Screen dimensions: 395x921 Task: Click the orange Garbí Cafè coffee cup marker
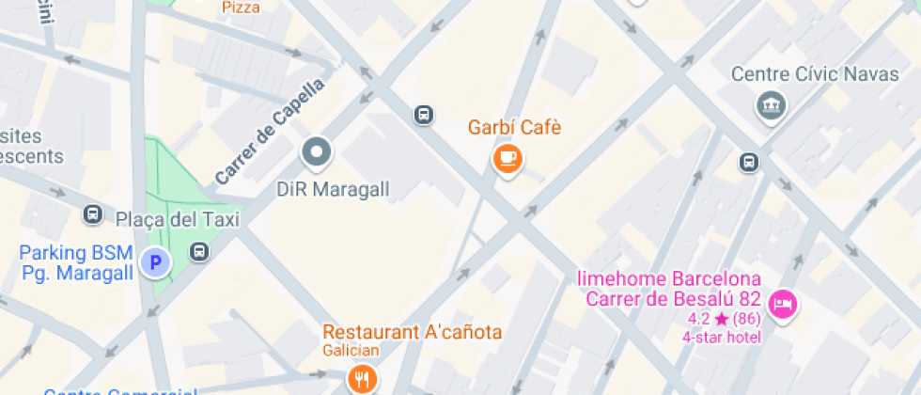[508, 158]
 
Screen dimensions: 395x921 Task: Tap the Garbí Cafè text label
[515, 127]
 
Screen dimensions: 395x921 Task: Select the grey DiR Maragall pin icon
[316, 151]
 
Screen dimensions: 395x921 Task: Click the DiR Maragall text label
[333, 189]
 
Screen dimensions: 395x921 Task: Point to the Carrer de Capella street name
[270, 132]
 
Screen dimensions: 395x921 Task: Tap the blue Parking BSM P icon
[155, 262]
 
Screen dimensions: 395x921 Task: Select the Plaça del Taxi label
[178, 219]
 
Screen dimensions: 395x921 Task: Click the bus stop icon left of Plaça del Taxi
[93, 214]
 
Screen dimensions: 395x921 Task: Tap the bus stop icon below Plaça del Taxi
[199, 251]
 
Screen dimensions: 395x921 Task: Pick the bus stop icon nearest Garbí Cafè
[424, 115]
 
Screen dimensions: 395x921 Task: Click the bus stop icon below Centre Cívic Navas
[749, 162]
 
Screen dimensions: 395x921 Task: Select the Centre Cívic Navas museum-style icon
[772, 104]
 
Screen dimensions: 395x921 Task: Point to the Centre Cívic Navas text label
[815, 74]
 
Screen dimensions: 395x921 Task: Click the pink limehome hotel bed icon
[782, 304]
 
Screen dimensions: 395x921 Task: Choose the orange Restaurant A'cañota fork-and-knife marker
[362, 379]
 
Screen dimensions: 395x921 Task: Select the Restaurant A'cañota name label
[413, 332]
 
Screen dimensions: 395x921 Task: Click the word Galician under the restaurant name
[351, 351]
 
